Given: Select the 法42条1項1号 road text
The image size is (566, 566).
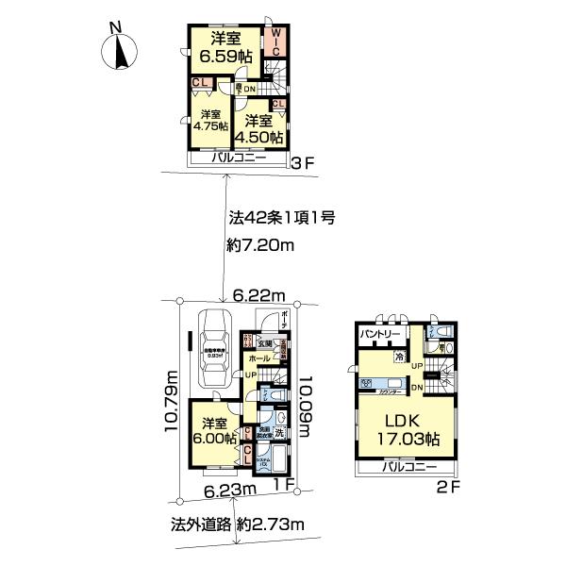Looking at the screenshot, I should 282,218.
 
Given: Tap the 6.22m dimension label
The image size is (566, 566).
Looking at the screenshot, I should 258,296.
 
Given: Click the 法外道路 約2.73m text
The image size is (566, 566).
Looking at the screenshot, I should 239,522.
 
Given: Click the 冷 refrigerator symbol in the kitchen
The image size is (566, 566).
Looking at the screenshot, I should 400,358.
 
